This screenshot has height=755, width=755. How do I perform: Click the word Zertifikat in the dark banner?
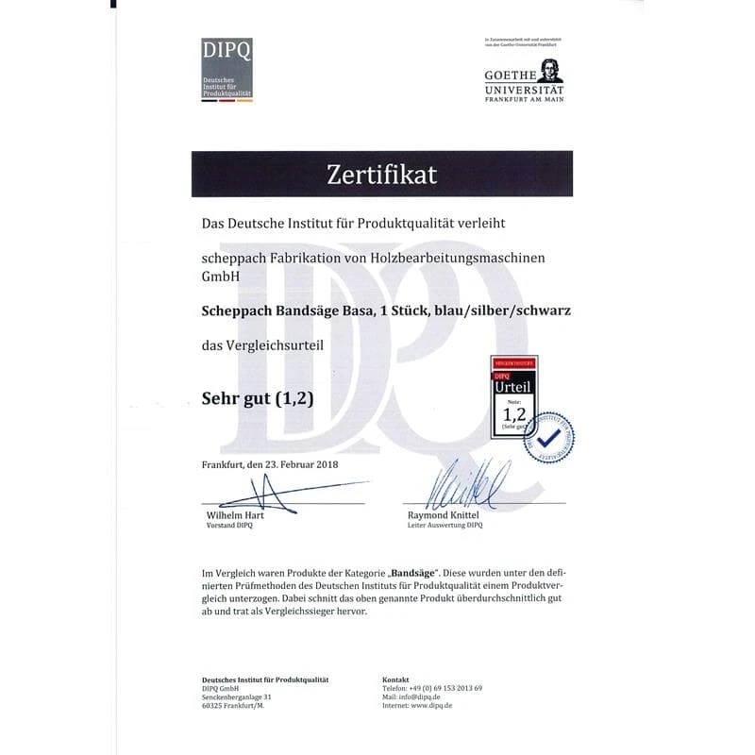(381, 174)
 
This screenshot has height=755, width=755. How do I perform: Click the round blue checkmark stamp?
(549, 437)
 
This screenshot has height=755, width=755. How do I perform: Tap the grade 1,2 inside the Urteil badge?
(513, 413)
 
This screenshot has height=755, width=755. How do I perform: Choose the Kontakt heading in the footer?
(396, 679)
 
